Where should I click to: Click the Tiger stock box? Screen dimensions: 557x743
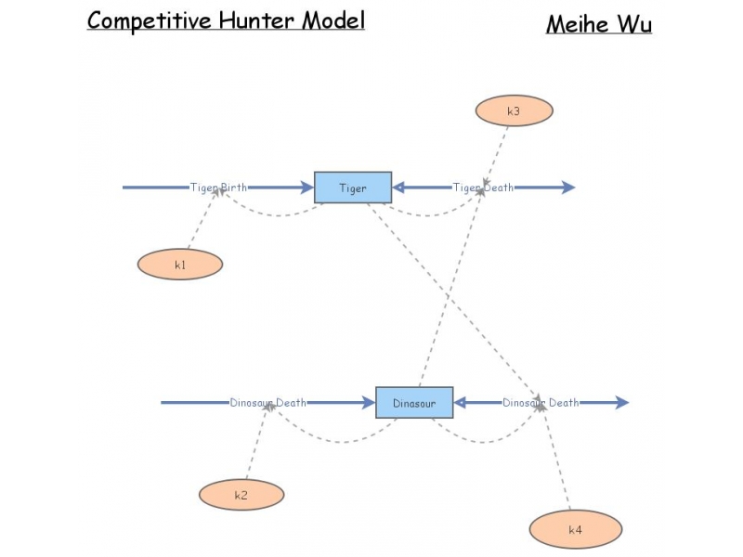(353, 188)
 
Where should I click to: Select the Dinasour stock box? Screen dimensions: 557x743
(414, 403)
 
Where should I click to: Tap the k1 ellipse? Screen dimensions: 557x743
(180, 265)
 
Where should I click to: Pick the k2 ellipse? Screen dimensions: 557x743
(241, 495)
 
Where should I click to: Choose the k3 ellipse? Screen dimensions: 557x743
(514, 111)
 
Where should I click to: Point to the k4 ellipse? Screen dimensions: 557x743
(576, 530)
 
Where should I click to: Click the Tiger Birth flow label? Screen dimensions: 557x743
(219, 188)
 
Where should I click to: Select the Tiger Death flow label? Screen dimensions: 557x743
(483, 188)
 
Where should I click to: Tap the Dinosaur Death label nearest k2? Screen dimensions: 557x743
(267, 403)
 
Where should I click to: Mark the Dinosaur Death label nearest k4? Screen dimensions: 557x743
(541, 403)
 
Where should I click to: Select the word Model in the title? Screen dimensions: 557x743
(333, 20)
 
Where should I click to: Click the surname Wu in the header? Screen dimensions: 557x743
(635, 24)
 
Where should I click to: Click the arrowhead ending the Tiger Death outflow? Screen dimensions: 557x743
(568, 188)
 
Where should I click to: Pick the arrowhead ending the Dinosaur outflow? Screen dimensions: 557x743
(622, 403)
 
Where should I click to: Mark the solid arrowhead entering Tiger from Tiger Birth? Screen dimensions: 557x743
(307, 188)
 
